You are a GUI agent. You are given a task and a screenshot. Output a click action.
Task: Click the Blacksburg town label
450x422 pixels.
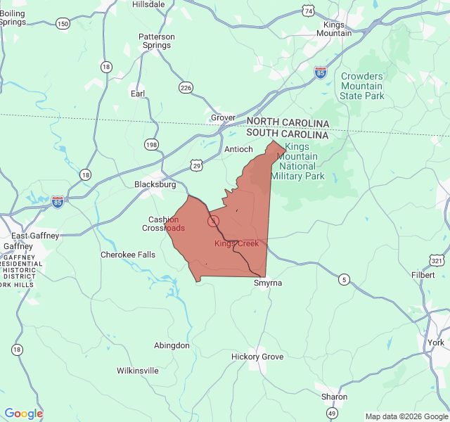point(155,184)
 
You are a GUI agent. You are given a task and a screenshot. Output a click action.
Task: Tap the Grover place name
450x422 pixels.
point(223,117)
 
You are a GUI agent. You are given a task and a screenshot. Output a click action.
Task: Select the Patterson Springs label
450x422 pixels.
point(155,41)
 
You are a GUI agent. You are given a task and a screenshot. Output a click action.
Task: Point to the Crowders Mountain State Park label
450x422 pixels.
point(362,86)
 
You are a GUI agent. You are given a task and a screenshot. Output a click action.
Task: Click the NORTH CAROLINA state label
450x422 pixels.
point(288,122)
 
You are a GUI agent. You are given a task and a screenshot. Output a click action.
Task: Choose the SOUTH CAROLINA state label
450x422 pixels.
point(288,134)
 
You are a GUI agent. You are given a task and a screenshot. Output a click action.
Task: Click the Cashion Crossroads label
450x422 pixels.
point(164,224)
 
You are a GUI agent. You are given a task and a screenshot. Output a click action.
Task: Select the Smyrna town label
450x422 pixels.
point(267,283)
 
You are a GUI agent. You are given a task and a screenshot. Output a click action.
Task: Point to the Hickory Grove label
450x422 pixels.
point(257,357)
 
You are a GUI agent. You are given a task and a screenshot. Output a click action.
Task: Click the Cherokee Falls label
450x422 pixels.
point(128,255)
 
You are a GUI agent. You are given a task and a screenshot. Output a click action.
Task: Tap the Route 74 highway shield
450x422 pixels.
point(308,10)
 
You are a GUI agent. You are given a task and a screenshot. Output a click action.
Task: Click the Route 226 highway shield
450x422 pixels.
point(186,87)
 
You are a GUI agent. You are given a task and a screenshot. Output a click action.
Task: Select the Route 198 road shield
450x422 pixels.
point(151,144)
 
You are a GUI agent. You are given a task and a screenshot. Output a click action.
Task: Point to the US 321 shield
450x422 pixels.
point(437,260)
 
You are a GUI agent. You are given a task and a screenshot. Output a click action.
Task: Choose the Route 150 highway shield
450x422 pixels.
point(63,24)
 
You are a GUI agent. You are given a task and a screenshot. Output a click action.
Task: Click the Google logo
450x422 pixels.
point(23,414)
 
